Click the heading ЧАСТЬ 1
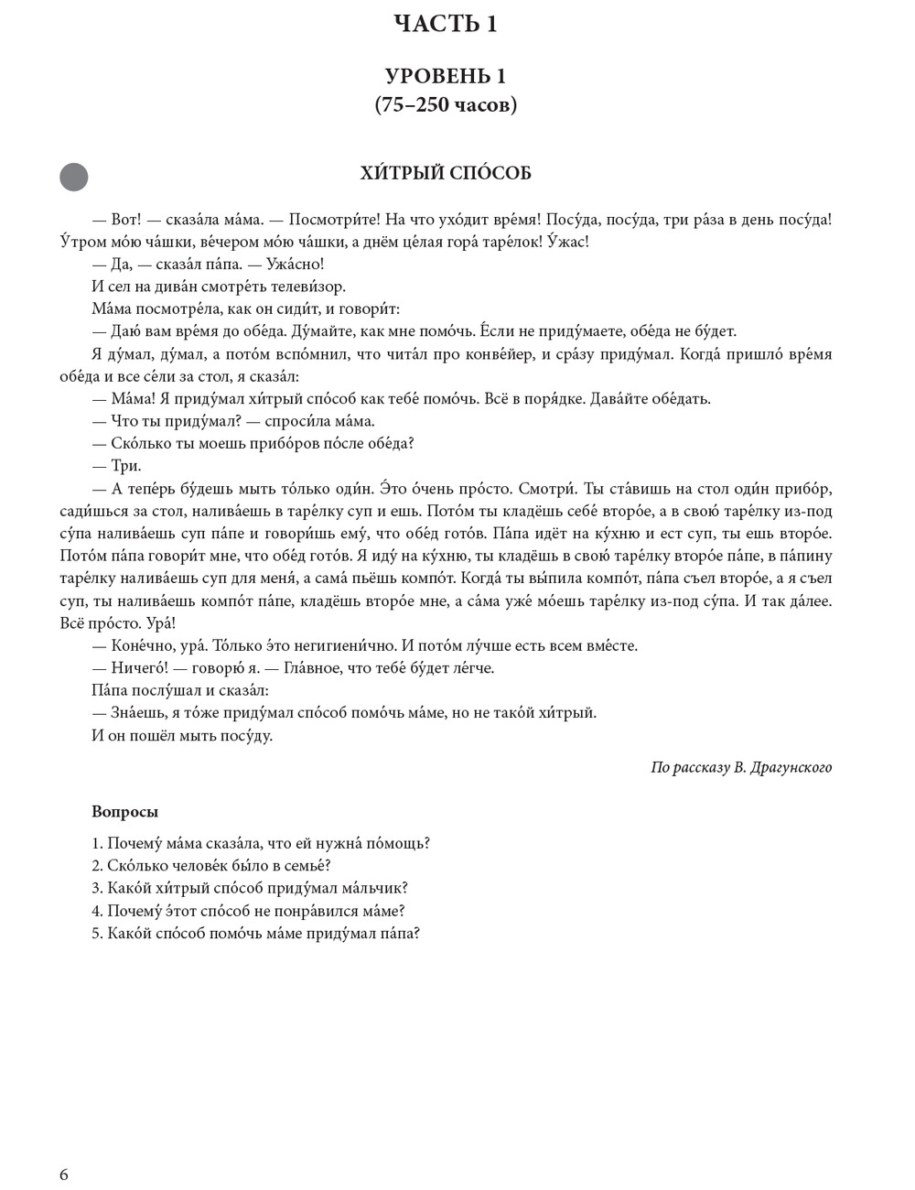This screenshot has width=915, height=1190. click(445, 24)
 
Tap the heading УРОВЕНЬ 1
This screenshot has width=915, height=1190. click(445, 76)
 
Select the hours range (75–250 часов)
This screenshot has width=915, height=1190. click(446, 105)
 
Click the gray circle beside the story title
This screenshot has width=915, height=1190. click(74, 177)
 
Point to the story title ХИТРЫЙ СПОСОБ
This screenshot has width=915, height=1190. click(446, 173)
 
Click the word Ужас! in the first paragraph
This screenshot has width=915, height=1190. click(564, 243)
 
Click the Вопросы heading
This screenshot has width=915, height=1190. click(124, 812)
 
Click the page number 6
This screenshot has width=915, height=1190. click(63, 1175)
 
